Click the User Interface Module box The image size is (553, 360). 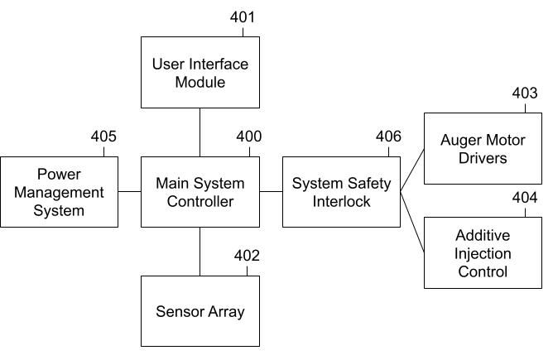[x=200, y=72]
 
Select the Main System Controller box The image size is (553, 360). [x=200, y=191]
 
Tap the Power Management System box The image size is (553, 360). [x=59, y=191]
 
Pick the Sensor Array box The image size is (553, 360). [x=200, y=311]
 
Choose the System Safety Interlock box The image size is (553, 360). [x=341, y=191]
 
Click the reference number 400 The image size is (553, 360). [x=248, y=137]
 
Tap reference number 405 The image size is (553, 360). [x=103, y=137]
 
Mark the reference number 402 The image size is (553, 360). [x=247, y=256]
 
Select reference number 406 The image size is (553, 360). [x=389, y=137]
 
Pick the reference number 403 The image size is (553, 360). [x=524, y=94]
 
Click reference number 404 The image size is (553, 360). [x=524, y=197]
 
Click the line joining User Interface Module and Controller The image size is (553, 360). [x=200, y=132]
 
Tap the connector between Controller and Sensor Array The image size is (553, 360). [x=200, y=251]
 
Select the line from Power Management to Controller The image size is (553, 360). [x=129, y=191]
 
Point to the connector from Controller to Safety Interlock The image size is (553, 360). [x=271, y=191]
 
